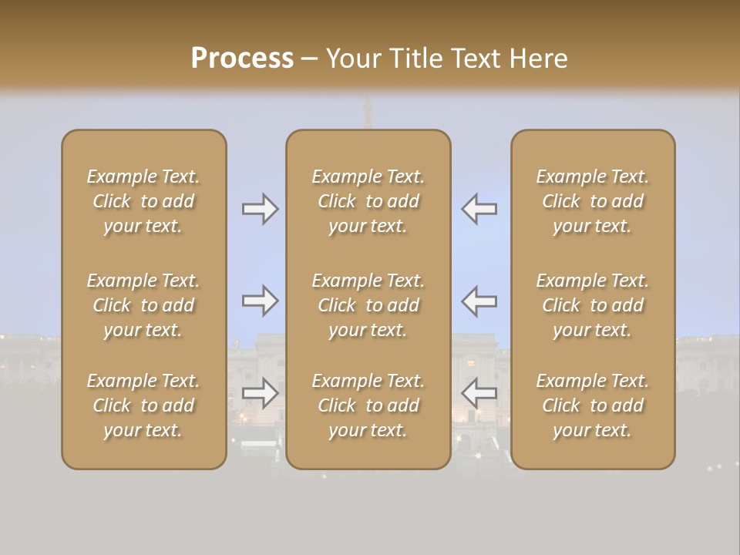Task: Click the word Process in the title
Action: click(x=242, y=59)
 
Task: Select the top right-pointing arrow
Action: click(x=260, y=209)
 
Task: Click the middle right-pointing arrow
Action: click(x=260, y=301)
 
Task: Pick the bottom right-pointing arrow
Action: click(x=260, y=393)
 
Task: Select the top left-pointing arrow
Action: click(x=479, y=209)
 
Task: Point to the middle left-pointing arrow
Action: click(x=479, y=301)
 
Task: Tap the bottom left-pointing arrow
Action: click(x=479, y=393)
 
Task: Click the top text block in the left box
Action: click(x=143, y=201)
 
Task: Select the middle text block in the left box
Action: click(x=143, y=305)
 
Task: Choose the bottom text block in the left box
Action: click(x=143, y=405)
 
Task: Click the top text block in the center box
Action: click(x=368, y=201)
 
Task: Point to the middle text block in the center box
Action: click(x=368, y=305)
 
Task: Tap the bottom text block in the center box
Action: click(x=368, y=405)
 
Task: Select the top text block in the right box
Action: click(x=593, y=201)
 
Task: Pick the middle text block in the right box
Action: click(x=593, y=305)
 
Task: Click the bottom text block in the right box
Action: click(x=593, y=405)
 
